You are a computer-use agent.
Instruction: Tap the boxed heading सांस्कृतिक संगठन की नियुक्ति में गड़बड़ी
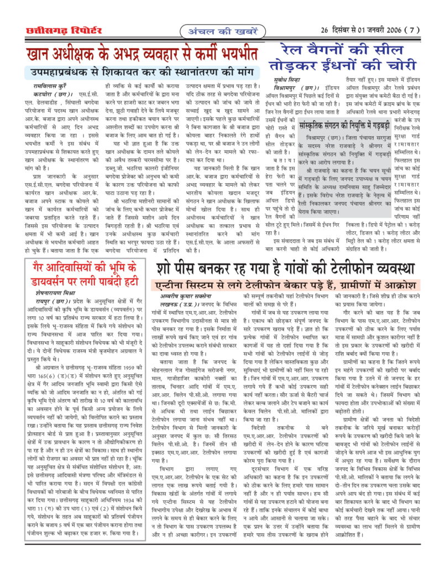tap(347, 123)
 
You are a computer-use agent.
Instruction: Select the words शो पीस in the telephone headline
tap(179, 270)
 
